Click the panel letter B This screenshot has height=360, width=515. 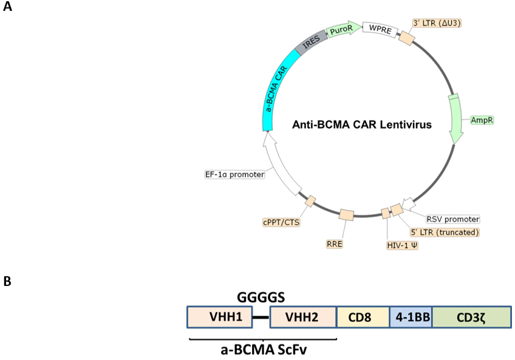coord(7,282)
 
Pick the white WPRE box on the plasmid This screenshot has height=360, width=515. coord(380,29)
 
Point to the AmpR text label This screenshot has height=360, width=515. coord(482,120)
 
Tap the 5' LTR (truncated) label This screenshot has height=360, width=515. coord(445,232)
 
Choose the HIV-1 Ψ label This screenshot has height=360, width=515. coord(401,245)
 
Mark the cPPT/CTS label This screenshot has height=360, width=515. coord(281,222)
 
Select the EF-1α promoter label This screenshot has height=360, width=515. coord(235,174)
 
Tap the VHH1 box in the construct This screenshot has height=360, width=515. coord(219,318)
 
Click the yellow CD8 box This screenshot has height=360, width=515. coord(363,318)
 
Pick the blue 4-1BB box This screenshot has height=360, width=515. coord(411,318)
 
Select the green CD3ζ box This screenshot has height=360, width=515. coord(471,318)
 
